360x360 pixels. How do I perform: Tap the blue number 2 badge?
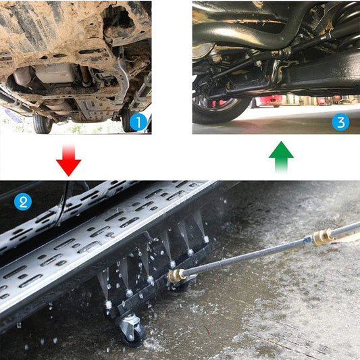[x=23, y=201]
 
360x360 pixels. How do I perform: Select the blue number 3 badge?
[x=340, y=122]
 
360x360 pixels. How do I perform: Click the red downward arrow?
[x=69, y=160]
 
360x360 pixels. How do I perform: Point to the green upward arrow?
[x=281, y=159]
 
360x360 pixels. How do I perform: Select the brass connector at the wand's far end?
[x=322, y=236]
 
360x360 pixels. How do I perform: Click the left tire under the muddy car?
[x=42, y=123]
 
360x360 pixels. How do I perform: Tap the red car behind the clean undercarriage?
[x=272, y=101]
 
